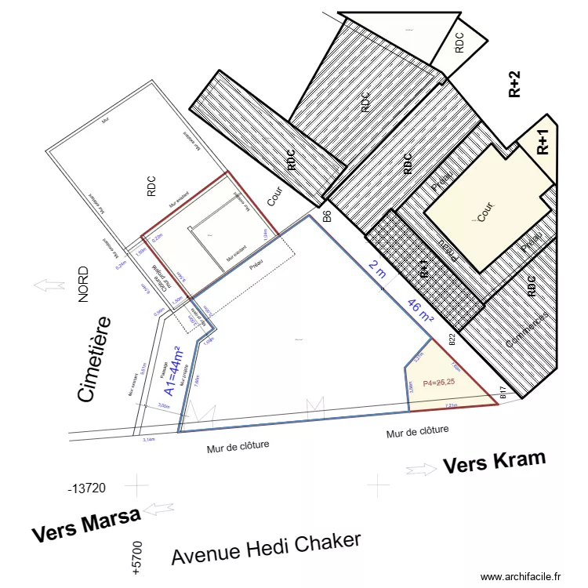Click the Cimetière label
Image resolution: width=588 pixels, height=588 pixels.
(x=93, y=360)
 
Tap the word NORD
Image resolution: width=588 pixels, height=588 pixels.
(x=84, y=285)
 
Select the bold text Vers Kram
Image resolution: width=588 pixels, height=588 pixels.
(x=494, y=463)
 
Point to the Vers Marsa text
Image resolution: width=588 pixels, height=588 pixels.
(x=86, y=524)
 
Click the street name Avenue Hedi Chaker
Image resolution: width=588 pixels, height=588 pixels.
(x=267, y=549)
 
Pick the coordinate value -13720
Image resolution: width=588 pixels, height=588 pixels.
(x=87, y=488)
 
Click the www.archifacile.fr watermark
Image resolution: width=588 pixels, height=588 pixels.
(x=521, y=576)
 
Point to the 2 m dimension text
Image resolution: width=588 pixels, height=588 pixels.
(x=377, y=270)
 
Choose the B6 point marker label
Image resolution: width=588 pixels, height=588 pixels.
(x=327, y=217)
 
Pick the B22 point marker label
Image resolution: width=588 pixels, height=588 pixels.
(x=452, y=339)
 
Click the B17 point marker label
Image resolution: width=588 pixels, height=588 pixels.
(x=503, y=393)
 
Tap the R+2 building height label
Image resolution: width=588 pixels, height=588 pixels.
(x=514, y=84)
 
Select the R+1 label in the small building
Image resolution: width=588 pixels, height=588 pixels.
(x=543, y=143)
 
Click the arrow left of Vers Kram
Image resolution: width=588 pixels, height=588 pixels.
(x=421, y=469)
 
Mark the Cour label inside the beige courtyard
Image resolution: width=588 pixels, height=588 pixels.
(x=486, y=212)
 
